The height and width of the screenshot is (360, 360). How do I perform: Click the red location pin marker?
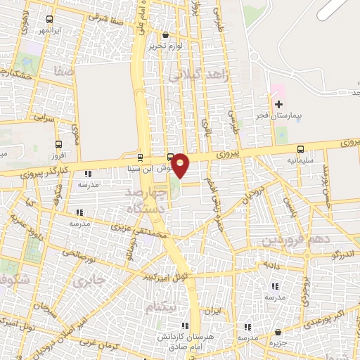click(181, 165)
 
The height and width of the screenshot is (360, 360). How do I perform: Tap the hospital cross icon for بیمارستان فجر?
click(278, 104)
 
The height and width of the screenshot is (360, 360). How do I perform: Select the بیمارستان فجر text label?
click(291, 117)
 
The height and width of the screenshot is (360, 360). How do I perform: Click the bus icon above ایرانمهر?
click(49, 20)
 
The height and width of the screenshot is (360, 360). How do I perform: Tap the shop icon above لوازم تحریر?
click(165, 34)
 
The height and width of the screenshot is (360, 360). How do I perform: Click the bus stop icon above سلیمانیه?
click(301, 149)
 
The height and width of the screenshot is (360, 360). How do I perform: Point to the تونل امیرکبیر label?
click(164, 274)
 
